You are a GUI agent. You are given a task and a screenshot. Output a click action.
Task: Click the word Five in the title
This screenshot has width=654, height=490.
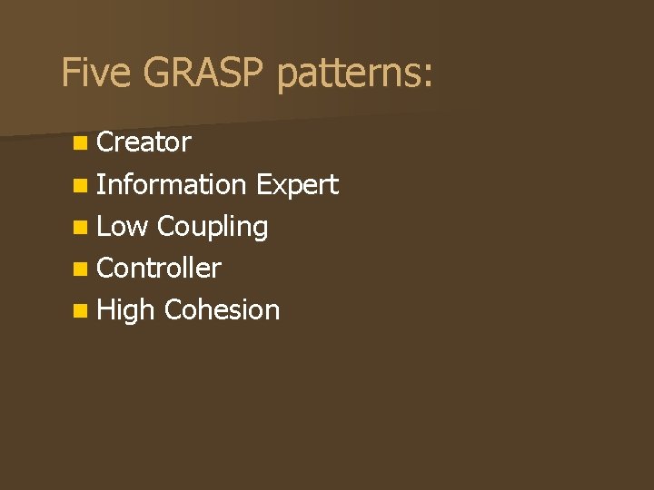96,72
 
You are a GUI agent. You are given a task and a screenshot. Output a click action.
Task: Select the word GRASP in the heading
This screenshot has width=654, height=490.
203,72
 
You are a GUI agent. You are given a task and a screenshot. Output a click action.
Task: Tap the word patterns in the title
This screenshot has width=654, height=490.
349,73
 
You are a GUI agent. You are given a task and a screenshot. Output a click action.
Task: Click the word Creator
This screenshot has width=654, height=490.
144,142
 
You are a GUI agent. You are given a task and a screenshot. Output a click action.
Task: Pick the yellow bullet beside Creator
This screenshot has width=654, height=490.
81,143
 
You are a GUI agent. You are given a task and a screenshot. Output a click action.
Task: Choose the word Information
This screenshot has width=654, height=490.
171,184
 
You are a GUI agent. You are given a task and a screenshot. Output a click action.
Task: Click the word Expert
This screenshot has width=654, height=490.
297,185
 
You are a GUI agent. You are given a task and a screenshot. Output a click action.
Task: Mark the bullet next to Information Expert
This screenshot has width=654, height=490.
81,185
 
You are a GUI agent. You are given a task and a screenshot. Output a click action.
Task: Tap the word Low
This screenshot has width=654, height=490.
123,226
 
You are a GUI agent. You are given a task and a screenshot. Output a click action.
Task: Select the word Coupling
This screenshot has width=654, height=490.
213,228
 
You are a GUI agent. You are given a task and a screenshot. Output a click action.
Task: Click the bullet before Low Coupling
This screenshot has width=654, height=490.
81,228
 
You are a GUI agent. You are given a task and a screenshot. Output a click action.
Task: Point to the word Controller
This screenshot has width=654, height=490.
159,268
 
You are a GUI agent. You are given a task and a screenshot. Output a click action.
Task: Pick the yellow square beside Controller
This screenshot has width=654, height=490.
81,269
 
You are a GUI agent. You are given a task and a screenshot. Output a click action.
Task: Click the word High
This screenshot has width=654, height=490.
125,311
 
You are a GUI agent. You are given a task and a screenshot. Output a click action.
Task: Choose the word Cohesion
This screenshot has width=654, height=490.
222,309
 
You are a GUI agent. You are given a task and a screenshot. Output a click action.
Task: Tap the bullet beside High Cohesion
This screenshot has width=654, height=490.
81,311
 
